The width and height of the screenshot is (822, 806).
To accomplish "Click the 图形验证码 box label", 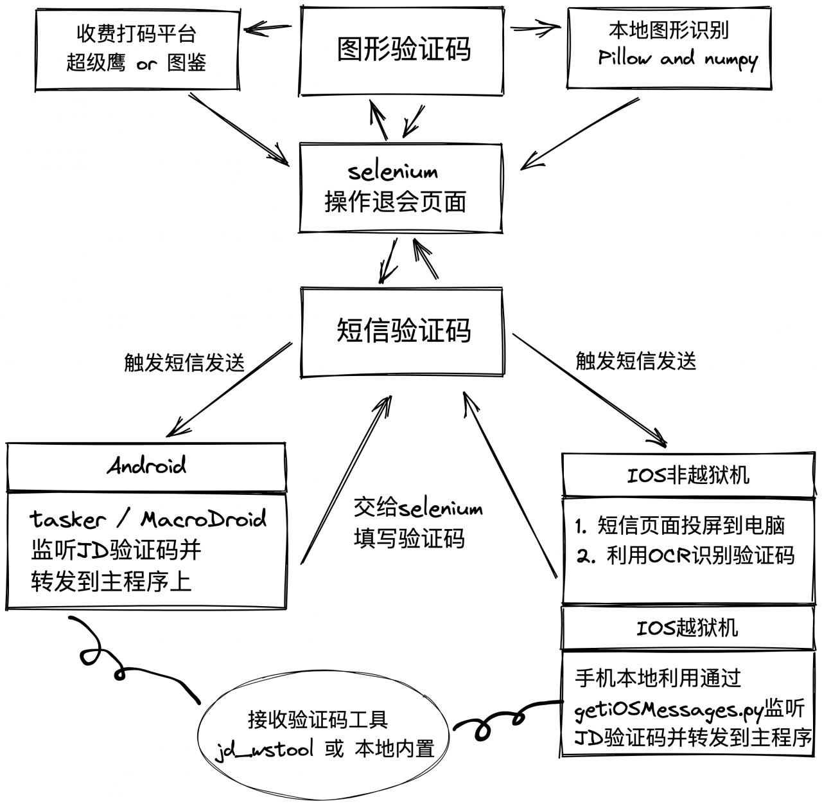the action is [403, 49].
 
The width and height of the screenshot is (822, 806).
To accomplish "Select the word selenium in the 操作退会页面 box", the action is [393, 172].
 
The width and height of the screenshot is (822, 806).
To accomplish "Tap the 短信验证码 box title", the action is [403, 330].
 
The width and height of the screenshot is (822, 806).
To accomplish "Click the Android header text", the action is [146, 465].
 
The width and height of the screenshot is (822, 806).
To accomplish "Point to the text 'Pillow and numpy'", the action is [678, 60].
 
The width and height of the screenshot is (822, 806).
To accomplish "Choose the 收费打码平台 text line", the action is [137, 33].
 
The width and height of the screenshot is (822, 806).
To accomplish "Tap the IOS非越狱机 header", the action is [688, 476].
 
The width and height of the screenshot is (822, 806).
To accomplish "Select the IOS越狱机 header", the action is [687, 628].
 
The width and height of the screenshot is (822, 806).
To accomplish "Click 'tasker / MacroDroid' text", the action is [148, 519].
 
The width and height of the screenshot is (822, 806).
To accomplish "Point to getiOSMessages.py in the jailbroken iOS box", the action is [669, 711].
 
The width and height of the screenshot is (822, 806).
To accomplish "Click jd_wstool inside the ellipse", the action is [264, 749].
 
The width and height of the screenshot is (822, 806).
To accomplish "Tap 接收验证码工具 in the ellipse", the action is [319, 720].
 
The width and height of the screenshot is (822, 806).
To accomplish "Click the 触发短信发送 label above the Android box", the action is [184, 363].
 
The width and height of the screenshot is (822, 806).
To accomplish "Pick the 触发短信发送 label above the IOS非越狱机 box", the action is [636, 361].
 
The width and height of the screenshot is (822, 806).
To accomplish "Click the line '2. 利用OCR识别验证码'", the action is [685, 555].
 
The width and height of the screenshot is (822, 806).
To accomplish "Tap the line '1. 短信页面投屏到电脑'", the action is [680, 525].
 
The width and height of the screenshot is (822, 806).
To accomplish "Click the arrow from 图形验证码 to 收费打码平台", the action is [268, 28].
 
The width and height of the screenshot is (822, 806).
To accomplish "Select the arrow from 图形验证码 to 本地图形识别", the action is [536, 28].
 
